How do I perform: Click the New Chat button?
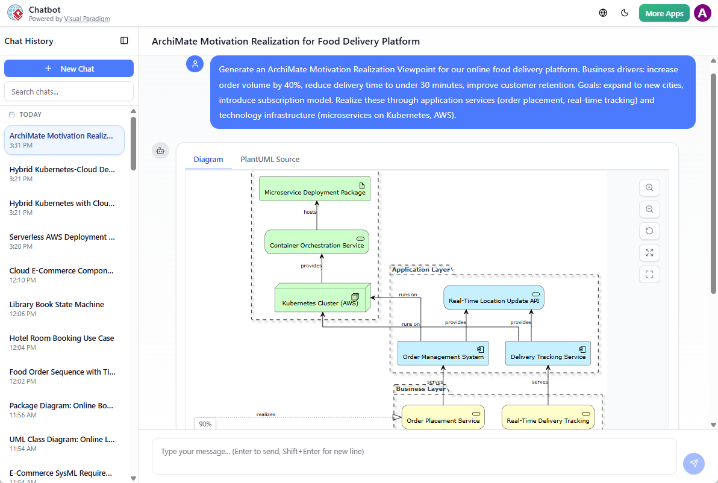[x=69, y=69]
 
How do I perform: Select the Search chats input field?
[x=69, y=92]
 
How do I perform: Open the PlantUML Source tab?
[x=270, y=160]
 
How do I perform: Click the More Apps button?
[x=664, y=13]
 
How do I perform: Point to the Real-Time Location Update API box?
[x=493, y=298]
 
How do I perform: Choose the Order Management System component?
[x=443, y=354]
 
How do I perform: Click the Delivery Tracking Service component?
[x=548, y=354]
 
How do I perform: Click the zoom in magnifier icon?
[x=649, y=187]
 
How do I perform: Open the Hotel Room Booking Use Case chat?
[x=61, y=338]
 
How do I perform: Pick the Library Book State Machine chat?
[x=57, y=305]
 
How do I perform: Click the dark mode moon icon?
[x=625, y=13]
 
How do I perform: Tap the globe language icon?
[x=603, y=13]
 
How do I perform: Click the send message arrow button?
[x=694, y=463]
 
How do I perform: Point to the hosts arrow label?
[x=310, y=212]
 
